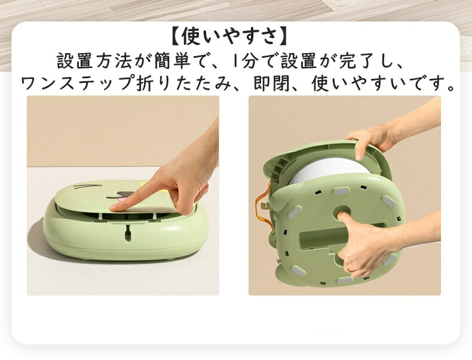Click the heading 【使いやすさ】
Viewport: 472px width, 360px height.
coord(229,36)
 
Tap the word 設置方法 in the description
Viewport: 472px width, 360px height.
coord(94,61)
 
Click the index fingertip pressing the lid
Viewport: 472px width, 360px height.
coord(114,207)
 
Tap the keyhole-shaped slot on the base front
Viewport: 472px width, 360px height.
coord(128,233)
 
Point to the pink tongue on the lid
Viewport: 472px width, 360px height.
coord(124,199)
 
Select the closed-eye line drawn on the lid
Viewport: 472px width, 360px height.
coord(82,187)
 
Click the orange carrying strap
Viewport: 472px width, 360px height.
coord(259,211)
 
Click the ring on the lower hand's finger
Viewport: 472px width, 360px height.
coord(348,266)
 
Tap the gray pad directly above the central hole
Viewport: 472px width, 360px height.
coord(341,191)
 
